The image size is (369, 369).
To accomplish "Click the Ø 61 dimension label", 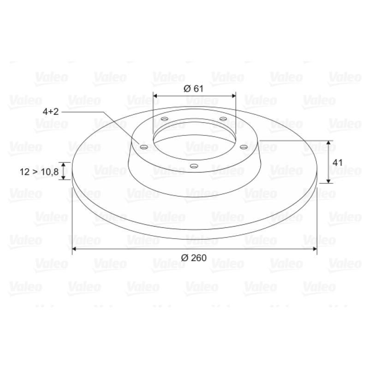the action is pos(193,89).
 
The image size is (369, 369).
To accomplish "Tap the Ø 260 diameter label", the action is pos(194,258).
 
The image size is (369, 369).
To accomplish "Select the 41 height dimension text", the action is pos(337,162).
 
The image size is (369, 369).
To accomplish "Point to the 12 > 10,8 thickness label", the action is pos(39,172).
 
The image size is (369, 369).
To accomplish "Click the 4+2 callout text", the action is pos(51,112).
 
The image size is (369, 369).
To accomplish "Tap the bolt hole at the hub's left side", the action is pos(144,147).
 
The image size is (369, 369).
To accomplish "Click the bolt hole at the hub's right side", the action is pos(244,147).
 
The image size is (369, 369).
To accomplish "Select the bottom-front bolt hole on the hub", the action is pos(194,166).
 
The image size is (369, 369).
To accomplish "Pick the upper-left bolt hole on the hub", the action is pos(165,119).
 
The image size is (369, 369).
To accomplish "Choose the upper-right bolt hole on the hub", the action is pos(223,119).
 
